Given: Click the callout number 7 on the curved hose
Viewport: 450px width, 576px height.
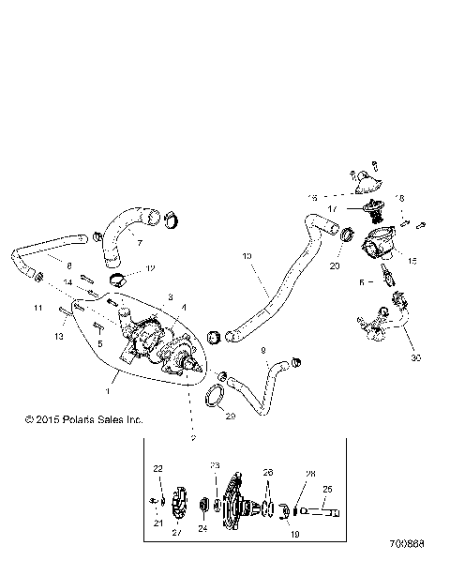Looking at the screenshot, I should pyautogui.click(x=139, y=243).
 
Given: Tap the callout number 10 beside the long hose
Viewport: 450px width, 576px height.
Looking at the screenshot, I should pyautogui.click(x=247, y=254).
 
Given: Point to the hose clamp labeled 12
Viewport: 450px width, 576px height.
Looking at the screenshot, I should pyautogui.click(x=119, y=279).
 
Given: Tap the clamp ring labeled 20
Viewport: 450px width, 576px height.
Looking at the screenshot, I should pyautogui.click(x=347, y=234).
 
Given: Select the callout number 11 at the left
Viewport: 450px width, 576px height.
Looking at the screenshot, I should pyautogui.click(x=39, y=308).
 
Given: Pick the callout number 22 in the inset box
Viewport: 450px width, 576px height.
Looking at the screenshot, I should pyautogui.click(x=157, y=467).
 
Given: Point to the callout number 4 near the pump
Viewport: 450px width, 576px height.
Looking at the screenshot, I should pyautogui.click(x=183, y=307).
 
